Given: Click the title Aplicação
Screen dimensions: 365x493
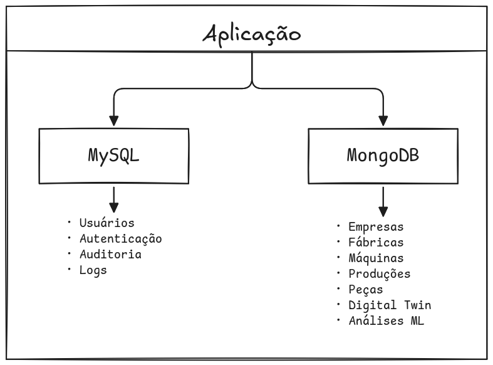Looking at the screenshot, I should [x=252, y=34].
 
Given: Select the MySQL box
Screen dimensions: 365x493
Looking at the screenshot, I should [x=113, y=156].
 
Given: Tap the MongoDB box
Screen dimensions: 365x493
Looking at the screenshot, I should [x=383, y=156].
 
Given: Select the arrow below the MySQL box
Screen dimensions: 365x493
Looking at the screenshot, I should [x=113, y=199].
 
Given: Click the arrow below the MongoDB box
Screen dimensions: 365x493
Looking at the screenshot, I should [x=383, y=202].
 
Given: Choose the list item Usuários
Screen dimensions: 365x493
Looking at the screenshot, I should [x=106, y=223].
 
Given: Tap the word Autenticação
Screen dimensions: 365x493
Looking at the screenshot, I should [x=120, y=239].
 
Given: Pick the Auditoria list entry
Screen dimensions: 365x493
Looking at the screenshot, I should [x=110, y=255].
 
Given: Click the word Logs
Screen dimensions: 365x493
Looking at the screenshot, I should [x=93, y=270].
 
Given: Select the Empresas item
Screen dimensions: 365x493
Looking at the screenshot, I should [x=376, y=227].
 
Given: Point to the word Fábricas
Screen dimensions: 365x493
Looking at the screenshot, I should [x=376, y=243].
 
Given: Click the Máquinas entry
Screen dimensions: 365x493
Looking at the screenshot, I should [x=376, y=258].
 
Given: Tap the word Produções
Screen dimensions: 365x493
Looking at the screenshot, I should [x=380, y=274].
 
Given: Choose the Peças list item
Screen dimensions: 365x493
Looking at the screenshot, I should [x=365, y=290].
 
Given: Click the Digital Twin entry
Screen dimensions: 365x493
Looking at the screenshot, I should [x=390, y=305].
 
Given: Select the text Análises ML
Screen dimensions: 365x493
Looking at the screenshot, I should [x=386, y=321].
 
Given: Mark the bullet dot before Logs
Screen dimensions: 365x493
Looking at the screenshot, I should [x=69, y=270].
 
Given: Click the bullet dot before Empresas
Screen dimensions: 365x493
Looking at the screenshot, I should [x=338, y=226].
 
